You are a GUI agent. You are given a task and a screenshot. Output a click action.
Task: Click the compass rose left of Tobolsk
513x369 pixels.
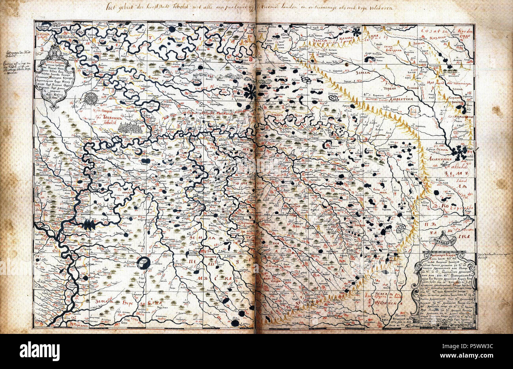click(x=90, y=98)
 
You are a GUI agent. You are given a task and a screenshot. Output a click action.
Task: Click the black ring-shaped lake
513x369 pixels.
click(x=144, y=263)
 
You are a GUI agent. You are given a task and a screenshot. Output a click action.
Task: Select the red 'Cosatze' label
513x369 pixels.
click(x=432, y=30)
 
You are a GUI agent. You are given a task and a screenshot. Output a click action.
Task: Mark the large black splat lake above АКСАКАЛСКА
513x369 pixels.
click(x=459, y=151)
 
